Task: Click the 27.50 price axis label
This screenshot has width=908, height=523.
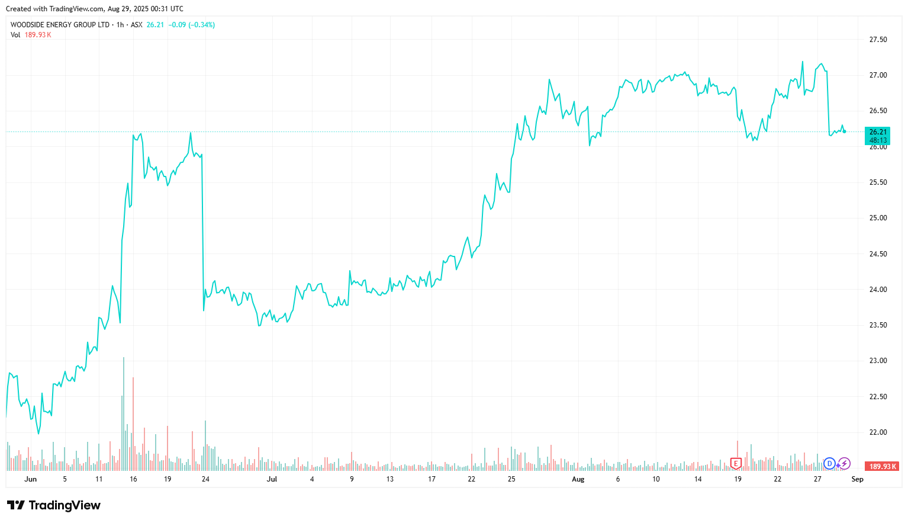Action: (878, 40)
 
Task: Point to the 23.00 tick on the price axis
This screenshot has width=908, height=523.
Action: (878, 361)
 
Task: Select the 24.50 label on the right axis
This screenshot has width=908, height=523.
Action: (878, 254)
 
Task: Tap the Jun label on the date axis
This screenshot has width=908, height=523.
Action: (31, 479)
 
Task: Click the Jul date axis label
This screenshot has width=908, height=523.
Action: (272, 479)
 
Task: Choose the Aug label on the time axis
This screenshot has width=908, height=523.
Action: (578, 479)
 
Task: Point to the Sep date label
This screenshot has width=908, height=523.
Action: (857, 479)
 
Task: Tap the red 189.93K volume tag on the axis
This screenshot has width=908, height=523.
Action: (881, 467)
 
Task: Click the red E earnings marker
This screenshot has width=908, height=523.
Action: (736, 463)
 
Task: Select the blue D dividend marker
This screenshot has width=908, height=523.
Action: (829, 463)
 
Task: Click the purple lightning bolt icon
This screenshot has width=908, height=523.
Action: (845, 463)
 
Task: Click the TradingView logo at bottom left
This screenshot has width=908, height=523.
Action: (54, 505)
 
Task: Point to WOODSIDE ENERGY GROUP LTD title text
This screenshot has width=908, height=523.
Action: (60, 25)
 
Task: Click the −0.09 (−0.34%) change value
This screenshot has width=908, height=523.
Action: (191, 25)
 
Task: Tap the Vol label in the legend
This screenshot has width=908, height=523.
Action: (15, 35)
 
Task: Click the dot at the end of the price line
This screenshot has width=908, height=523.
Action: (844, 131)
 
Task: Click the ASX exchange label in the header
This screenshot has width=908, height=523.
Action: (137, 25)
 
